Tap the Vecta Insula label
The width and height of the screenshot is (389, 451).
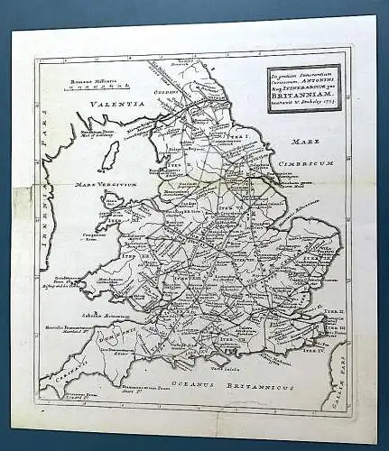pos(222,367)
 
